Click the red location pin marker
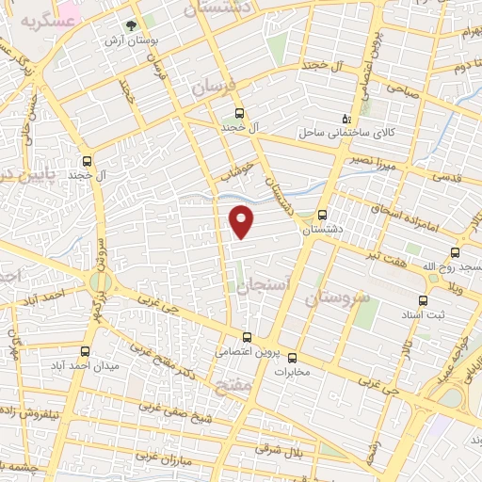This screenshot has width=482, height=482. (x=243, y=220)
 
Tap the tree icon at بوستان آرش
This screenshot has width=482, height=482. (x=131, y=27)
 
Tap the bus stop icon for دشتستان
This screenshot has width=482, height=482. (x=323, y=214)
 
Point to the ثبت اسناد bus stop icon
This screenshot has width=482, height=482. (x=421, y=299)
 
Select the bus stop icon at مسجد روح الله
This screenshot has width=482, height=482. (x=457, y=252)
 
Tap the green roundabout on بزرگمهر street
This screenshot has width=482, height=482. (x=100, y=282)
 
